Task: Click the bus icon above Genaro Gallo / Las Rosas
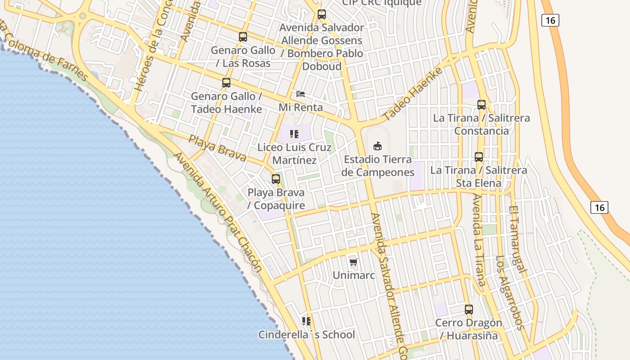click(243, 37)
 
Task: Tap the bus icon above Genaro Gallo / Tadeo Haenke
click(226, 83)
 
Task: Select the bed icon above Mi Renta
click(301, 94)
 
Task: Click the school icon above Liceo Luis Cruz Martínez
click(294, 134)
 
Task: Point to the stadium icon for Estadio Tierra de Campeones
click(378, 146)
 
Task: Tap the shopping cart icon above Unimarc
click(354, 262)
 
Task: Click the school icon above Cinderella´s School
click(306, 321)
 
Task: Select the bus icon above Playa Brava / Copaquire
click(276, 179)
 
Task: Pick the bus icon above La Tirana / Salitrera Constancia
click(481, 105)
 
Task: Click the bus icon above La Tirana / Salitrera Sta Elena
click(479, 157)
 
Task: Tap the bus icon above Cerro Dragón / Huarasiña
click(469, 310)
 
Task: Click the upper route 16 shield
click(550, 20)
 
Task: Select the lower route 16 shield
click(599, 207)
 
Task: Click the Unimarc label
click(354, 275)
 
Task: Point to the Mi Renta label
click(301, 107)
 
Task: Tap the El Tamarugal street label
click(517, 239)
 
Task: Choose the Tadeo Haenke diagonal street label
click(413, 94)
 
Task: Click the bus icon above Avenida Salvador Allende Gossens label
click(321, 14)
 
